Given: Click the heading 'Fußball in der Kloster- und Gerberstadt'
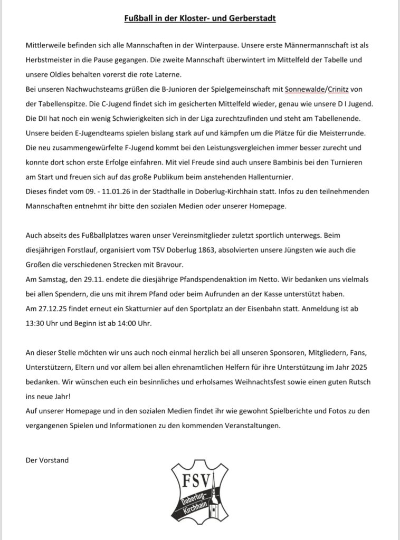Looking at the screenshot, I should pyautogui.click(x=200, y=19).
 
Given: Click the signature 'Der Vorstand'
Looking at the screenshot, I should pyautogui.click(x=47, y=460).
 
